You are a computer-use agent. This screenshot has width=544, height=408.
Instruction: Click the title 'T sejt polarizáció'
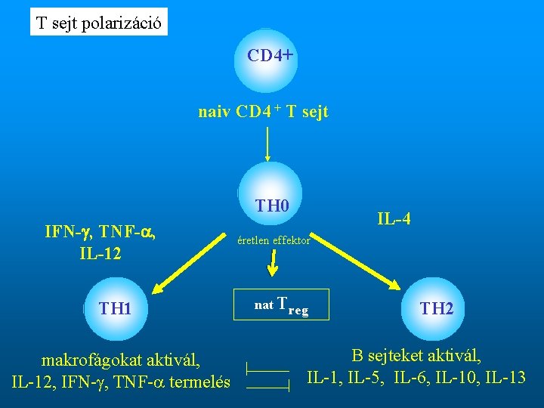point(99,23)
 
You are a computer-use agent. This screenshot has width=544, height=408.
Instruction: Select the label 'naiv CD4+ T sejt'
point(263,113)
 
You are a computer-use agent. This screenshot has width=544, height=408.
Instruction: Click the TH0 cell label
point(271,205)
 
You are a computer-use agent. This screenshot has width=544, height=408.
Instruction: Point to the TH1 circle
point(115,308)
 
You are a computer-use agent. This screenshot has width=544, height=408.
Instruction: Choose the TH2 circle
point(436,308)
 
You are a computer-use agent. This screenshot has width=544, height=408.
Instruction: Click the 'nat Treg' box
point(281,305)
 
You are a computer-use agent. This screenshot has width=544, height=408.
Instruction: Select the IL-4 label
point(394,220)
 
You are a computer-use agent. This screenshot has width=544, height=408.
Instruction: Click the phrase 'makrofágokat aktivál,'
point(121,360)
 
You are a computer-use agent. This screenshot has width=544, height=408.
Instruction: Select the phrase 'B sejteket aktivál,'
point(416,354)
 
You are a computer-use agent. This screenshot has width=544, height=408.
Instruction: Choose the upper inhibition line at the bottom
point(267,369)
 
